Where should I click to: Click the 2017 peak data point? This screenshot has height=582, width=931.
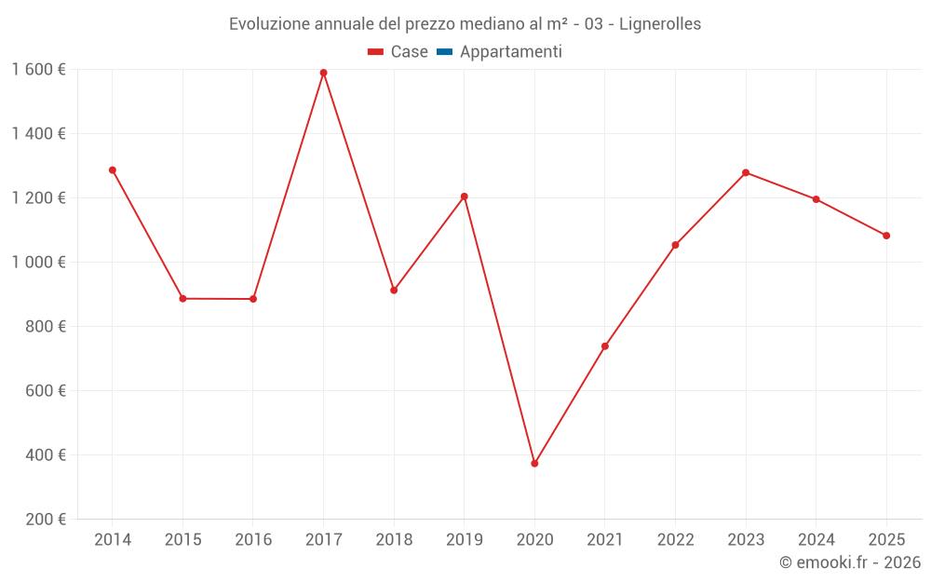click(x=323, y=73)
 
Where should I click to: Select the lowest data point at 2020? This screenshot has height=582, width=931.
click(x=534, y=463)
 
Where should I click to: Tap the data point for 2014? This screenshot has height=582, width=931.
click(x=113, y=170)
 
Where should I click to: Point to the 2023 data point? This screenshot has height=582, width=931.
click(x=746, y=172)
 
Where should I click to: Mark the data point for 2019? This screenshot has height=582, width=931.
click(x=465, y=196)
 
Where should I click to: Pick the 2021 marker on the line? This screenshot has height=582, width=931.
click(x=605, y=346)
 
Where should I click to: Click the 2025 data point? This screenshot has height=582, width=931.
click(x=886, y=236)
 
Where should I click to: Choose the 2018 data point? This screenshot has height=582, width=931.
click(x=394, y=291)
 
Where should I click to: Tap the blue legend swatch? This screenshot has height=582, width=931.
click(x=444, y=52)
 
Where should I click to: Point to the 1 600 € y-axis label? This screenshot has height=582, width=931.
click(x=38, y=70)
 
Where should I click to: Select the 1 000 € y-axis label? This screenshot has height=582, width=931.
click(x=38, y=263)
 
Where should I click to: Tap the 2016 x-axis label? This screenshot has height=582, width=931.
click(x=253, y=540)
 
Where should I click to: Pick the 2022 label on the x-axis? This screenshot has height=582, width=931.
click(x=675, y=540)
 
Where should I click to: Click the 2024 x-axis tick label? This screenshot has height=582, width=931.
click(x=816, y=540)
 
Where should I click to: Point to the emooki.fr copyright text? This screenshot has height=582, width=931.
click(x=850, y=562)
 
